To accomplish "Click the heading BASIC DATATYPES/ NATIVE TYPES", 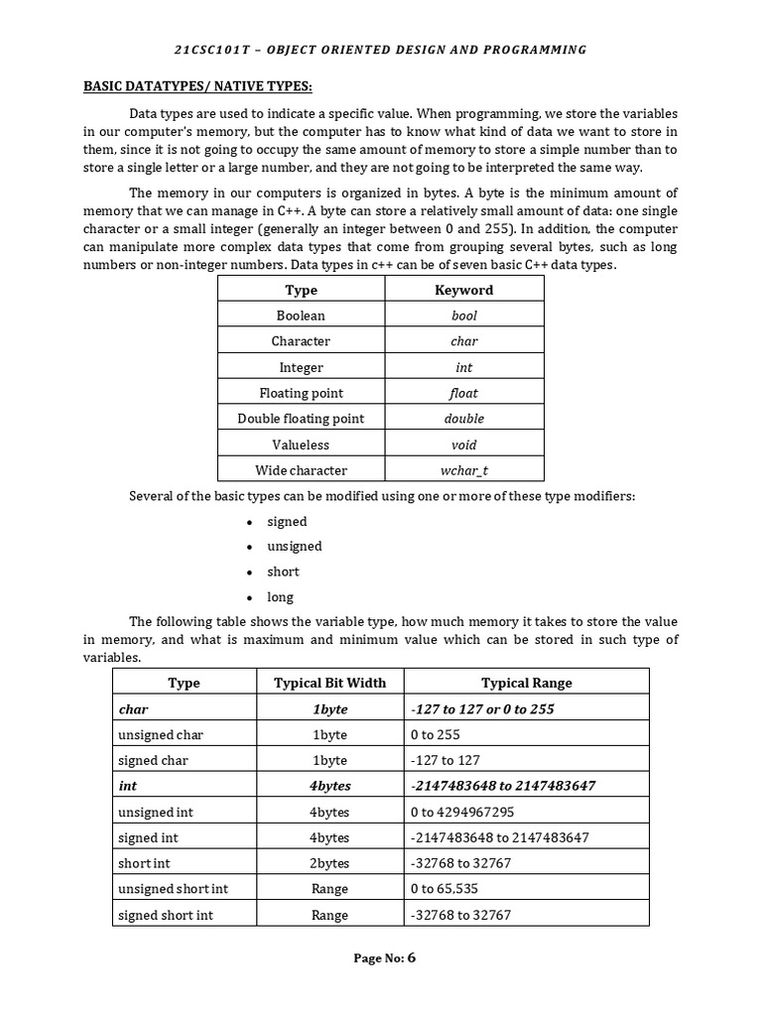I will (x=197, y=87).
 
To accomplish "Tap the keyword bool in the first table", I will (x=463, y=316).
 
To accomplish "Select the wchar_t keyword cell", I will (x=463, y=470).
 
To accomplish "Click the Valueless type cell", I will (x=301, y=444).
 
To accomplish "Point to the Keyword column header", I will (x=463, y=290).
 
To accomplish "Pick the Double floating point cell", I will (x=301, y=419).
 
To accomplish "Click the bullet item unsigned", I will (x=294, y=547).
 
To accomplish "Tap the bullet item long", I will (x=280, y=597).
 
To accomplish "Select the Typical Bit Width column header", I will (x=329, y=683).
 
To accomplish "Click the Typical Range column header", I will (x=526, y=683).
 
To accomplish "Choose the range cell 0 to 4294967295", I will (x=461, y=812).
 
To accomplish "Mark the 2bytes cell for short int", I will (x=329, y=863).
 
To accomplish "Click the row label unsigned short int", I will (x=173, y=889).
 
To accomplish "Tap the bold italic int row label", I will (x=127, y=786).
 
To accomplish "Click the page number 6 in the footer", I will (x=412, y=958).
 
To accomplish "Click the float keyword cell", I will (x=463, y=393).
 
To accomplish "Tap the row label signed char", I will (x=153, y=760).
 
